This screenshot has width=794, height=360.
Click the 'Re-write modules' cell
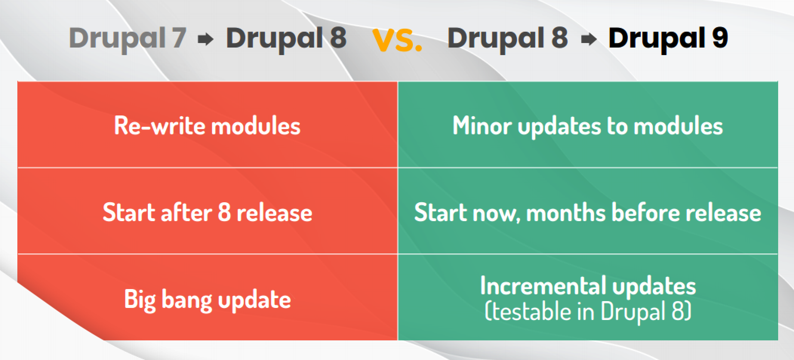(207, 125)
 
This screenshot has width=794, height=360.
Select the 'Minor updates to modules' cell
(588, 125)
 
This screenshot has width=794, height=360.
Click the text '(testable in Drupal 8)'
(588, 312)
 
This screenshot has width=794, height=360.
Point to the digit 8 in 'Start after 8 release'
(224, 212)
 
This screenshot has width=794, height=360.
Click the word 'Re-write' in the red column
(160, 125)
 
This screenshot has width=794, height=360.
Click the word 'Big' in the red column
(139, 300)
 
